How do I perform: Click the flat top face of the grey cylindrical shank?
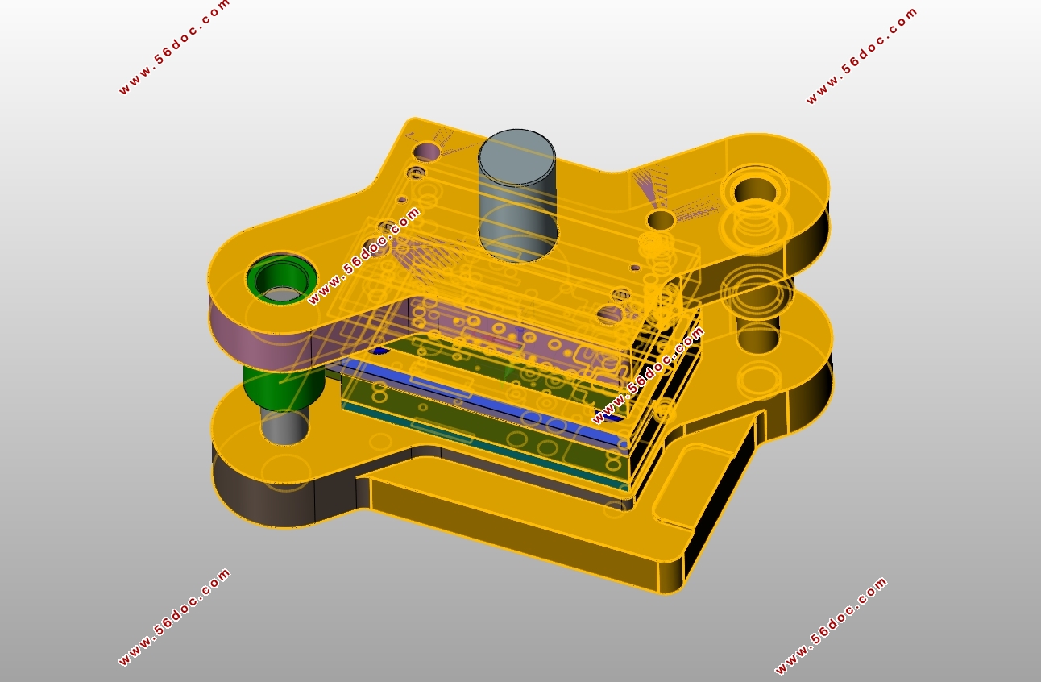click(516, 156)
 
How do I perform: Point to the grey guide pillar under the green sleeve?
click(284, 426)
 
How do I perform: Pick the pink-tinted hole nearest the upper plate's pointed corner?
click(427, 151)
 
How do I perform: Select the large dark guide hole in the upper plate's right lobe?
click(755, 190)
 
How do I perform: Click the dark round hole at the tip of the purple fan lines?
click(661, 220)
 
